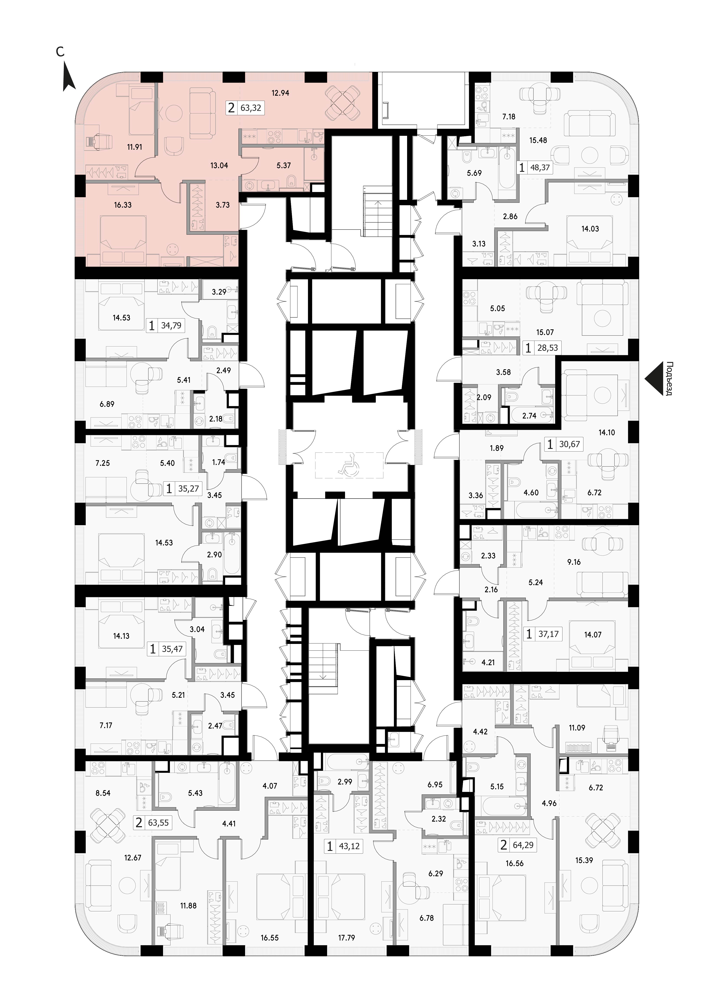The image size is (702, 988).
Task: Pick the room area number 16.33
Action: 123,205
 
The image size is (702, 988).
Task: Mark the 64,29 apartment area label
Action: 523,845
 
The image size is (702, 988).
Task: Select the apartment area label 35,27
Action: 189,489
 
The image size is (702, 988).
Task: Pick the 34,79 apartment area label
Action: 171,325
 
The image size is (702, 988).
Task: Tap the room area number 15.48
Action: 538,140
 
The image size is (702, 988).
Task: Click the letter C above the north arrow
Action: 60,52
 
